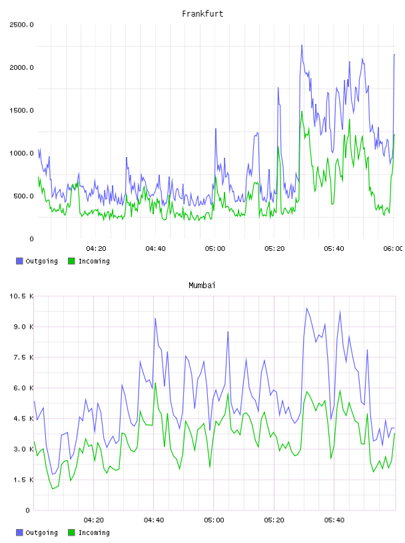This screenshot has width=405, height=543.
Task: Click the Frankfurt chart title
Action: [202, 14]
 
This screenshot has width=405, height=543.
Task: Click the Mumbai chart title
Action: [202, 285]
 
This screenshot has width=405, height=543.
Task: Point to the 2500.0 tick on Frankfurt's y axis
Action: [21, 25]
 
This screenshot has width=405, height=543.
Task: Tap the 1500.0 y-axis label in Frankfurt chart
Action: [21, 110]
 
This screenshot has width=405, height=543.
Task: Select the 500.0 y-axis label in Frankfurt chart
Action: [23, 196]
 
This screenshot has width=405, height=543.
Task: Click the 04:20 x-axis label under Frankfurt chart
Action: [96, 249]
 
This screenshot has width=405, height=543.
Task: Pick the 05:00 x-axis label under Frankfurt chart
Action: [215, 249]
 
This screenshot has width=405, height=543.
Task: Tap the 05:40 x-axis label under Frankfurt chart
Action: [334, 249]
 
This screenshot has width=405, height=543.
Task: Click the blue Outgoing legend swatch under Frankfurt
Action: [19, 261]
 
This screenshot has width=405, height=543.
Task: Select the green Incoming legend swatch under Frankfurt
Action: [71, 261]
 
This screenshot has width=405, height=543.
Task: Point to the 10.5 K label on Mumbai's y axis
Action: [21, 296]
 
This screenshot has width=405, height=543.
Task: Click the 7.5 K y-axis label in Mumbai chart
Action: [23, 357]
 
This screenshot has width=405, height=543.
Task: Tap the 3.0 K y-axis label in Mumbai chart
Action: [23, 449]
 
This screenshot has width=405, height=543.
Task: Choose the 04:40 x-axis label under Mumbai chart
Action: [154, 520]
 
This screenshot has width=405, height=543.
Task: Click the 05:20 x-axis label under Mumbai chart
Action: [274, 520]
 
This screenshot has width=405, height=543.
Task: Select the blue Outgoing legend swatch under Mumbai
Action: [19, 532]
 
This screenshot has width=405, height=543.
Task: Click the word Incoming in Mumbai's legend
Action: [94, 533]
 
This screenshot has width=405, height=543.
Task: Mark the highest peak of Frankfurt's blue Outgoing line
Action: [302, 45]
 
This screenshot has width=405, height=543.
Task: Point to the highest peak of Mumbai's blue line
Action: [306, 308]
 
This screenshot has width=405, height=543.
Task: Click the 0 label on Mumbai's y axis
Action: [28, 510]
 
